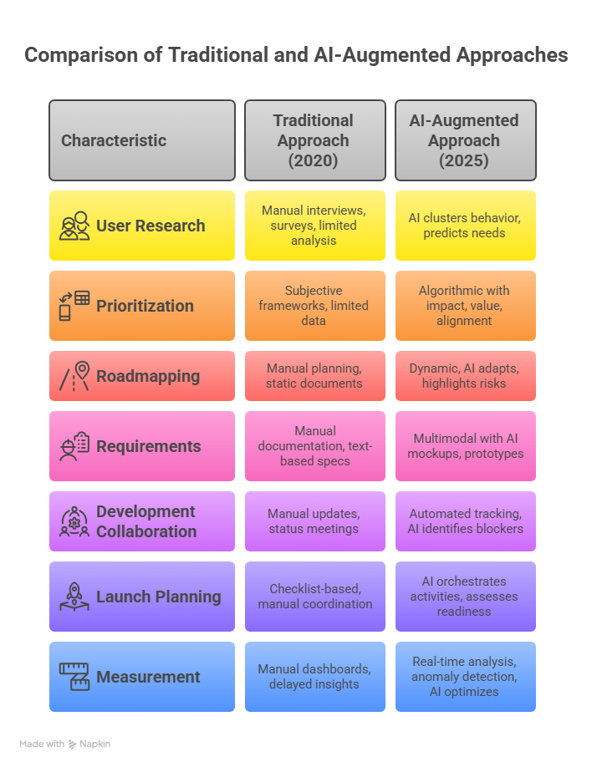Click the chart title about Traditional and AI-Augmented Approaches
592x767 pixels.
[x=296, y=55]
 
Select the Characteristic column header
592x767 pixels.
[x=114, y=140]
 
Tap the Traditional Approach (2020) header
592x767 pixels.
[x=314, y=140]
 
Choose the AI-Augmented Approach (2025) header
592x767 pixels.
[x=464, y=140]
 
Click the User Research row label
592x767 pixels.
[x=151, y=226]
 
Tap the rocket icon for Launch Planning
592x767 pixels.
[x=74, y=597]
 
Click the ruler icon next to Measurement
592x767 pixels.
[x=74, y=677]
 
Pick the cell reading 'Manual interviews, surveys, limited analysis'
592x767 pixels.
[x=314, y=226]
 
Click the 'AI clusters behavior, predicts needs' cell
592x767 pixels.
[x=464, y=226]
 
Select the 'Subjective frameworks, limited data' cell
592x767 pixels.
[x=314, y=306]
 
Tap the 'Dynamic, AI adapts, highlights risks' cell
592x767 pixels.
[x=464, y=376]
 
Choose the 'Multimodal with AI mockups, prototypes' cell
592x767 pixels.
[x=464, y=446]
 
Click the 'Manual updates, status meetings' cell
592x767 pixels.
[x=314, y=521]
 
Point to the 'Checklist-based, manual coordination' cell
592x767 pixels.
[x=314, y=597]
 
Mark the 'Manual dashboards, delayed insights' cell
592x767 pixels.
[x=314, y=677]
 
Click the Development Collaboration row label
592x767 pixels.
[x=146, y=521]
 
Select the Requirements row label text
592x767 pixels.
[x=149, y=446]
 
